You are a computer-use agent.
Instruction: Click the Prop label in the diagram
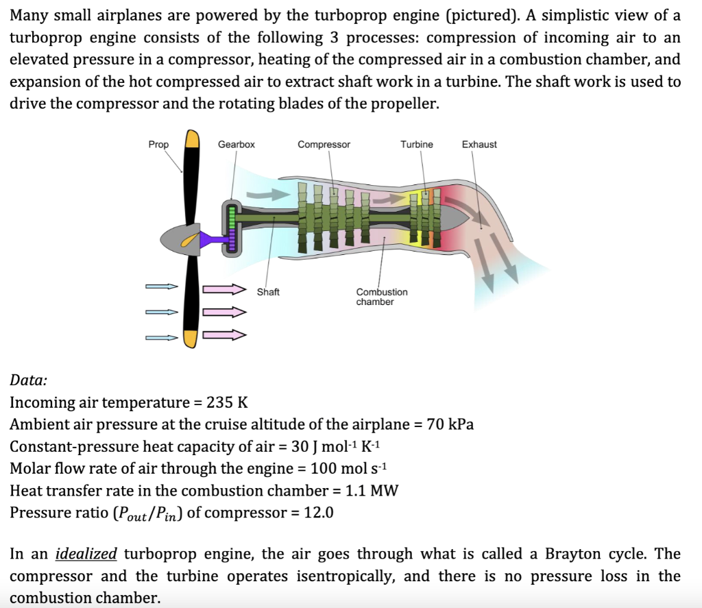[158, 145]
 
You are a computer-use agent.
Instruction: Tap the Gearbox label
[237, 145]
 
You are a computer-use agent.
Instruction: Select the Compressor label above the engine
[324, 145]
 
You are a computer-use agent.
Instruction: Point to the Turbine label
[417, 145]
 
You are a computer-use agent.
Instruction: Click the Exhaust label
[479, 145]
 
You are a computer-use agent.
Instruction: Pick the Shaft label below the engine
[268, 292]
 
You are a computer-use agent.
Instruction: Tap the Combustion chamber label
[381, 297]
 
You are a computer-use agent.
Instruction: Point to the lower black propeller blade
[191, 295]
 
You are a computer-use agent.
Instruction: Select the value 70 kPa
[450, 424]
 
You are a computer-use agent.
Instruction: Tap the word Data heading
[29, 380]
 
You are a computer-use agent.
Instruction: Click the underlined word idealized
[86, 554]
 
